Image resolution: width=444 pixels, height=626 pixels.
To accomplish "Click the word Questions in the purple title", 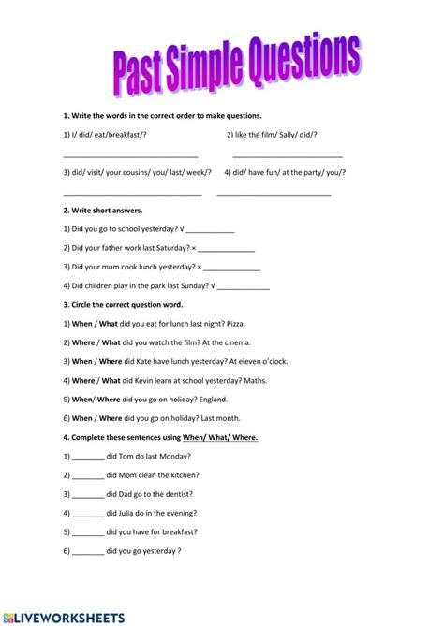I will (x=299, y=66).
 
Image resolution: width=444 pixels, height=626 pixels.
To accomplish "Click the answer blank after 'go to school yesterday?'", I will (x=211, y=230).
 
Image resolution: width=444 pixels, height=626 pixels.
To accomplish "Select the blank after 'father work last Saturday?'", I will (x=226, y=249).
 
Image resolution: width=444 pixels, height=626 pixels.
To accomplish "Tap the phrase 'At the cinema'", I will (x=230, y=342).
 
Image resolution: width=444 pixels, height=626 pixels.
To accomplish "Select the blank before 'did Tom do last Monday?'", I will (x=88, y=457).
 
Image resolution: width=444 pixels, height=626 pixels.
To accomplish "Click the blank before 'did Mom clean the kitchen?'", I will (x=88, y=475).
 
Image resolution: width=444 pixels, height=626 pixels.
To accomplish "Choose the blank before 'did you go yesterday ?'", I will (x=88, y=551).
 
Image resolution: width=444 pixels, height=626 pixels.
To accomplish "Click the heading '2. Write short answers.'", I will (x=103, y=211).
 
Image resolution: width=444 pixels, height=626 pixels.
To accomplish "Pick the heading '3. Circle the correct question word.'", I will (x=123, y=304).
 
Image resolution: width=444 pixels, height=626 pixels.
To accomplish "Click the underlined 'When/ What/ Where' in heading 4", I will (x=220, y=437).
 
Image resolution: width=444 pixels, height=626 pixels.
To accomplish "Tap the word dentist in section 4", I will (x=175, y=494).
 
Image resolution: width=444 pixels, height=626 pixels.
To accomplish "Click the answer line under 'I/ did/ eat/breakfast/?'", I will (x=130, y=156).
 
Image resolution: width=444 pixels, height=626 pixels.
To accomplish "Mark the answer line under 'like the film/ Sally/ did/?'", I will (x=288, y=156).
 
